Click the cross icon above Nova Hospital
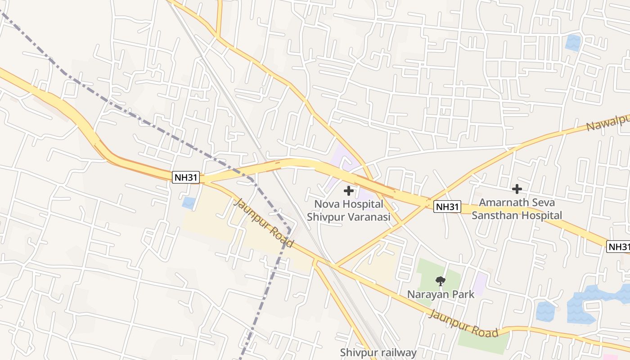[348, 191]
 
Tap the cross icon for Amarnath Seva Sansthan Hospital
[517, 189]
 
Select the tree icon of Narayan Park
[441, 282]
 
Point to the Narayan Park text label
[441, 294]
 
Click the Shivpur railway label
[378, 352]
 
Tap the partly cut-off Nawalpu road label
[607, 122]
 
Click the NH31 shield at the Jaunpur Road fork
[186, 177]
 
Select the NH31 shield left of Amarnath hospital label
[447, 207]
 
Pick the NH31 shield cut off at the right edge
[618, 247]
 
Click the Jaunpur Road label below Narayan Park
[464, 323]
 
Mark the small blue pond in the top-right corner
[573, 43]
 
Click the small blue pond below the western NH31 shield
[189, 203]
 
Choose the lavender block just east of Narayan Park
[481, 284]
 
